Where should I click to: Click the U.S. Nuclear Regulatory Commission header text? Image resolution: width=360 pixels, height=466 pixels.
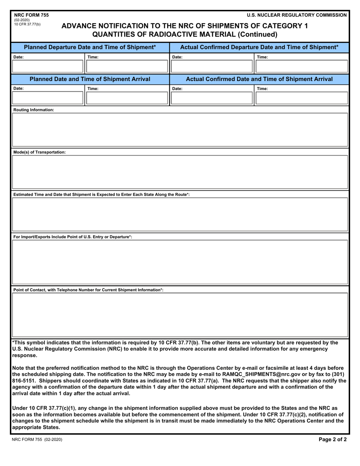click(296, 15)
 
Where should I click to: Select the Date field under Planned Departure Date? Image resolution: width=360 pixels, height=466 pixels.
click(48, 67)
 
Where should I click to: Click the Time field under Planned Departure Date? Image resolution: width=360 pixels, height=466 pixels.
click(127, 67)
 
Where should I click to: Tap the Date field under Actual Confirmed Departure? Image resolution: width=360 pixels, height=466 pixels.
click(211, 67)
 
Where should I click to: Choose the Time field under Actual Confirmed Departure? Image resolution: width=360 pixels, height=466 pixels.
click(302, 67)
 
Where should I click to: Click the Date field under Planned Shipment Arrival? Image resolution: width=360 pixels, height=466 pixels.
click(48, 98)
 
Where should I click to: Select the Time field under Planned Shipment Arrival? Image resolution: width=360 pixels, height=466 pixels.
click(127, 98)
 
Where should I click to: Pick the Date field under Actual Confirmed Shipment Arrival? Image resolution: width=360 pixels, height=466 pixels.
click(211, 98)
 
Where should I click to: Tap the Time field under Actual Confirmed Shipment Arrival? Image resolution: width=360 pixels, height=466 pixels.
click(302, 98)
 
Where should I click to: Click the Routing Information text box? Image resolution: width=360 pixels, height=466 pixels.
click(180, 130)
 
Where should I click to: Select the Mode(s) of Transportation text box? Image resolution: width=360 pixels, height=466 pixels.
click(180, 172)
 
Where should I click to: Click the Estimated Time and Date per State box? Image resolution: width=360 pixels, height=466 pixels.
click(180, 214)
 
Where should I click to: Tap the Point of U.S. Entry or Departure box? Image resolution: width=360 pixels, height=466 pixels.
click(180, 262)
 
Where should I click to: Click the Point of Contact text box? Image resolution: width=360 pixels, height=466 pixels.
click(180, 315)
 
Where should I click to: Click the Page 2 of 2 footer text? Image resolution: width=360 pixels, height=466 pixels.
click(332, 440)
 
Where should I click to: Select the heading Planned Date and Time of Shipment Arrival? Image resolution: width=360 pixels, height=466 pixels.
click(90, 79)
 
